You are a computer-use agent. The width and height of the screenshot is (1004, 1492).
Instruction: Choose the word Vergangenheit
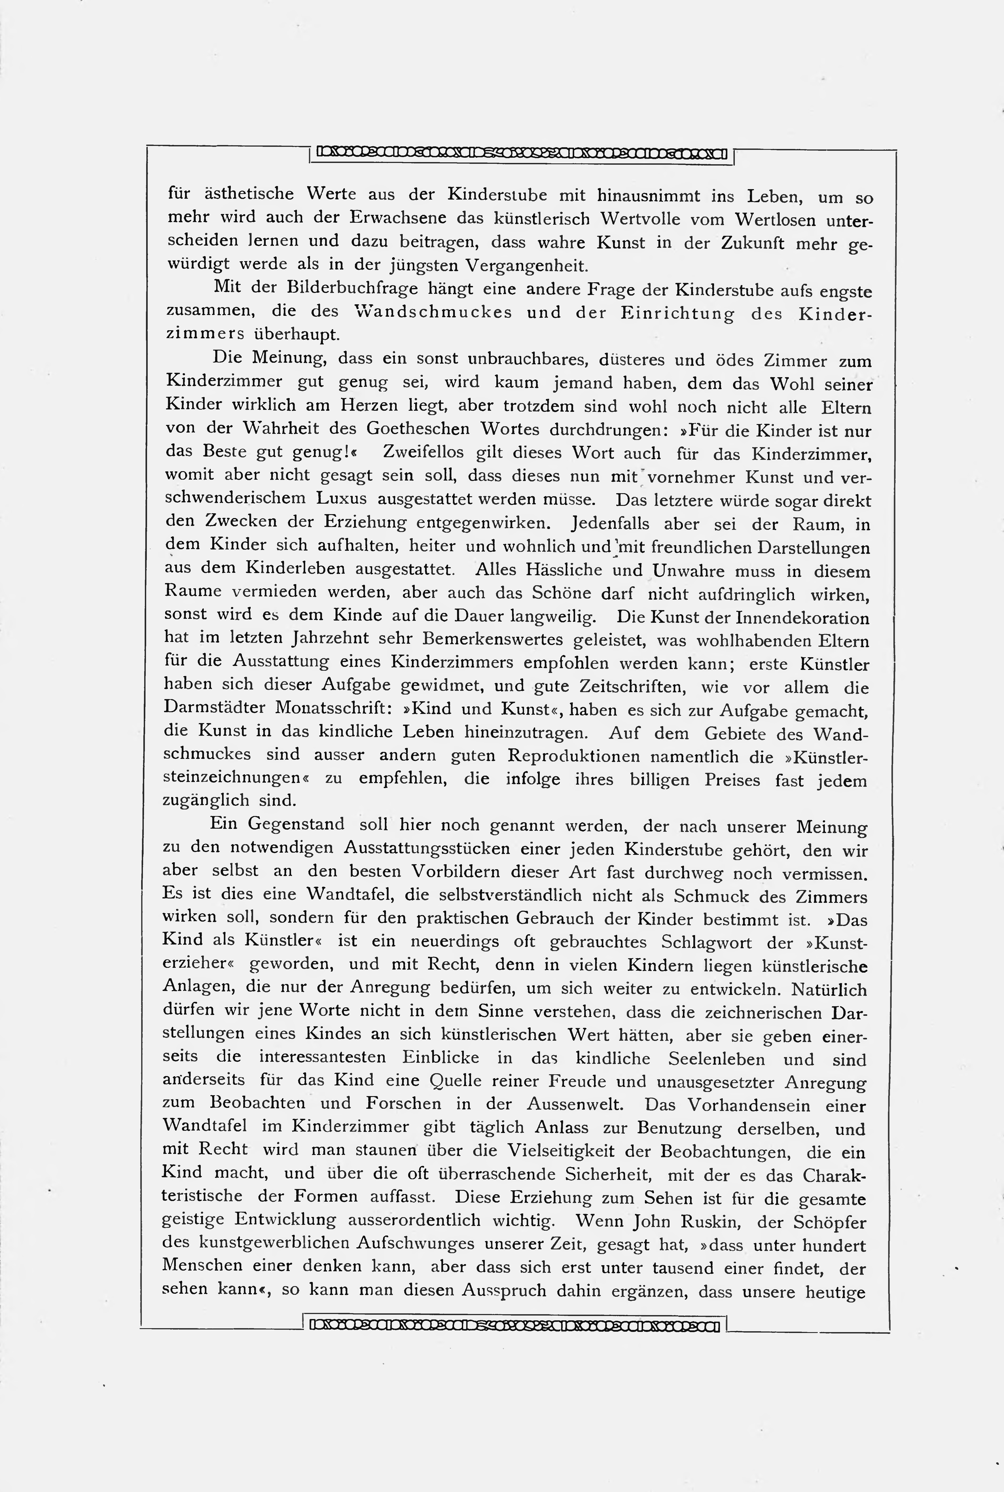tap(526, 265)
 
